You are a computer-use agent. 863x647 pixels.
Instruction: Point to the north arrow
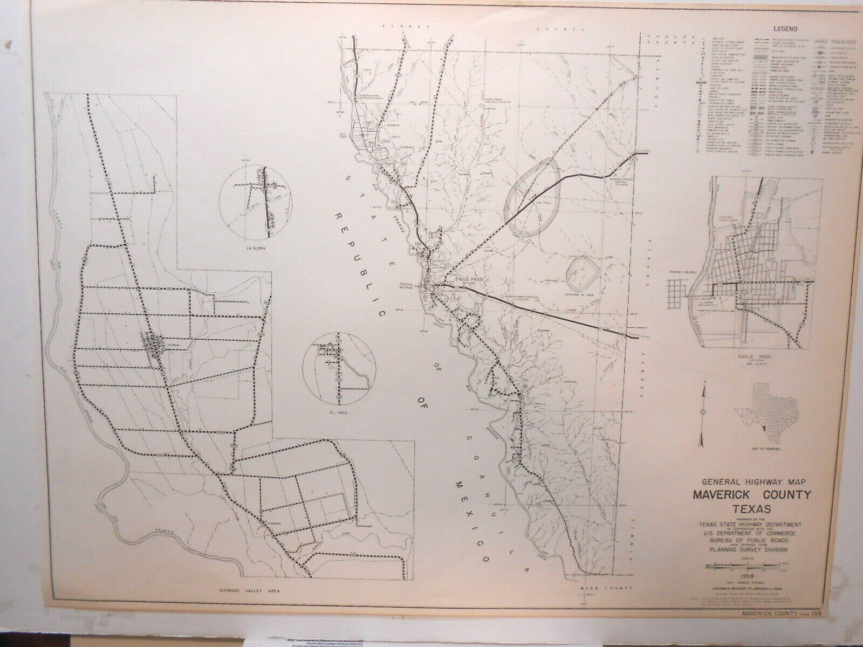point(703,412)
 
